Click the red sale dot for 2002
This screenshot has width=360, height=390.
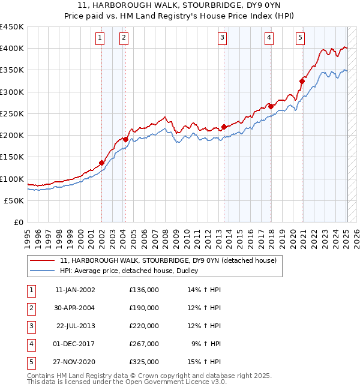(x=102, y=163)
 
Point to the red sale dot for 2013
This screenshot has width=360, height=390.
(x=224, y=127)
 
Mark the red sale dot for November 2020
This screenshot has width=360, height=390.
(x=302, y=81)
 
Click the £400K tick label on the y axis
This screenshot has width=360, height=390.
(x=12, y=49)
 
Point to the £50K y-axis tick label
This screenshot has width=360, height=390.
(x=14, y=201)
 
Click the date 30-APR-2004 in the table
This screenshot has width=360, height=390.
(x=74, y=308)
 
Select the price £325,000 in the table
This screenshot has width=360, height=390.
(x=144, y=362)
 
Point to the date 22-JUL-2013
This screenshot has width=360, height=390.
(x=76, y=326)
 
